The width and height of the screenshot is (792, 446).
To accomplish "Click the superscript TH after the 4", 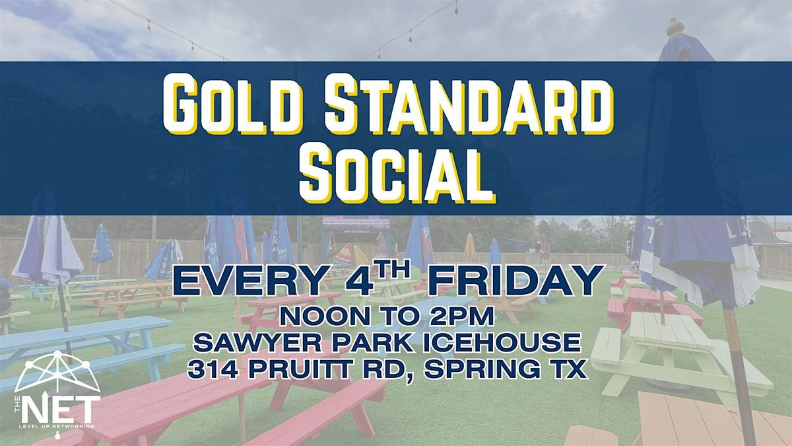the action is pyautogui.click(x=393, y=270).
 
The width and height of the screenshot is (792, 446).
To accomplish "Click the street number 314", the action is pyautogui.click(x=213, y=369).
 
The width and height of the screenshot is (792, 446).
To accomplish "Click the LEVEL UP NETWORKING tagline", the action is pyautogui.click(x=57, y=427).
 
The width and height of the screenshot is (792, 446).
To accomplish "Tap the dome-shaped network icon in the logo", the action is pyautogui.click(x=57, y=371).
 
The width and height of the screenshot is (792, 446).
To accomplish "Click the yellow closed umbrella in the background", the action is pyautogui.click(x=470, y=246).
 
